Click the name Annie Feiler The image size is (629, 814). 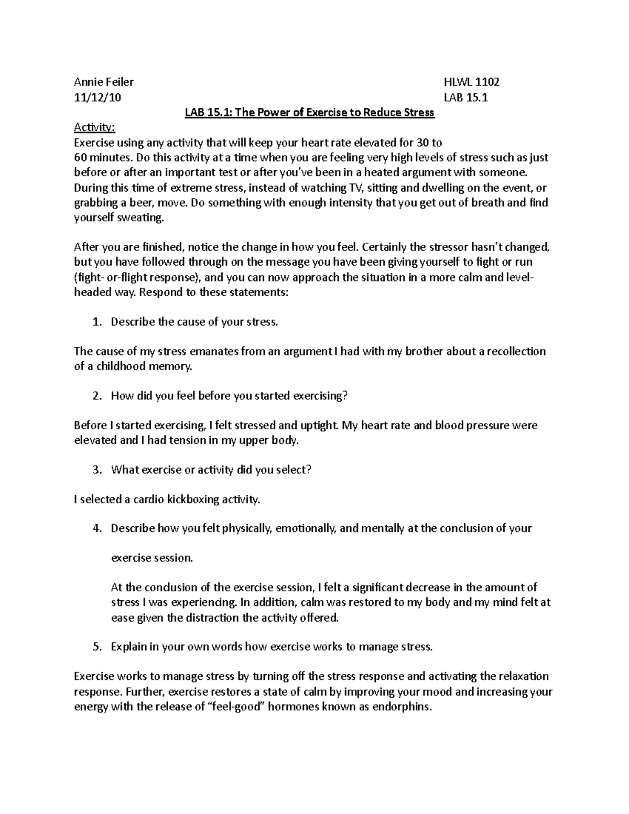[x=104, y=82]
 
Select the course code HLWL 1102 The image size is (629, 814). [x=471, y=82]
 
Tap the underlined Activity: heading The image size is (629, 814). [x=94, y=127]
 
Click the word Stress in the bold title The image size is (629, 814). [x=418, y=112]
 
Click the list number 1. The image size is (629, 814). [x=96, y=322]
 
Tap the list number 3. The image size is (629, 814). [x=96, y=470]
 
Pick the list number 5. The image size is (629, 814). [x=96, y=647]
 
